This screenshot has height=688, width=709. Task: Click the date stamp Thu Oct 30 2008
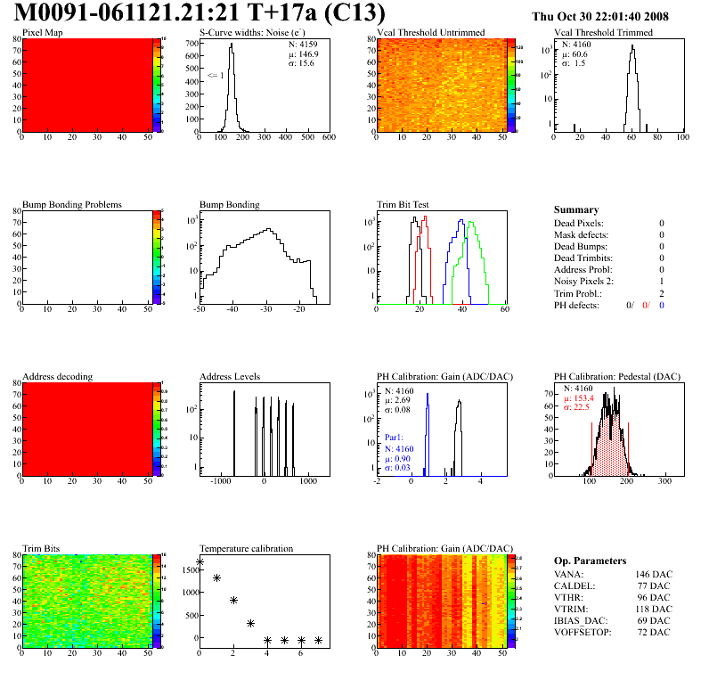[612, 16]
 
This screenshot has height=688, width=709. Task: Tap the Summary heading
[575, 209]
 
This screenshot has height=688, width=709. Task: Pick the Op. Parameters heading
[590, 561]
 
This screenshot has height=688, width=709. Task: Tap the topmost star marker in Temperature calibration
[200, 562]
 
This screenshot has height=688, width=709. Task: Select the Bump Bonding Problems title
[72, 204]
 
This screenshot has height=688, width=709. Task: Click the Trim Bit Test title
[404, 204]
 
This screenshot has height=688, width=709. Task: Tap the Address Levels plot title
[230, 376]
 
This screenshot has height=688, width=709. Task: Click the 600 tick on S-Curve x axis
[328, 138]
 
